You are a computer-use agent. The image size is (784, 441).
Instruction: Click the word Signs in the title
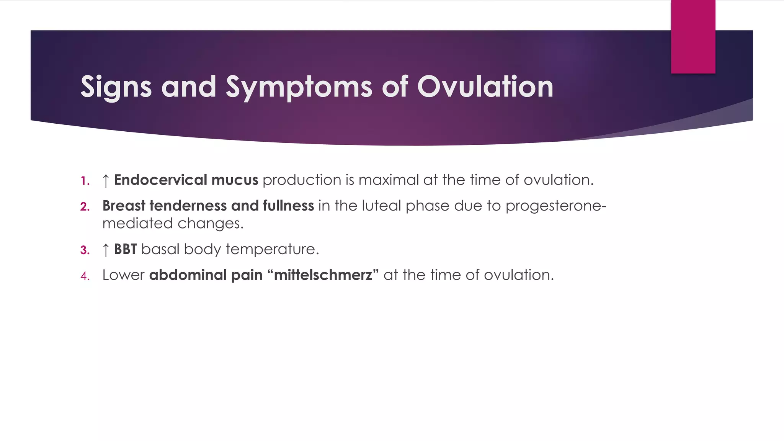click(116, 87)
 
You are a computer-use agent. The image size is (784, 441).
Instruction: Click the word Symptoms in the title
click(299, 87)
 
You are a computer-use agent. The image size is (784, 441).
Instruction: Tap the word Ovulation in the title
click(485, 87)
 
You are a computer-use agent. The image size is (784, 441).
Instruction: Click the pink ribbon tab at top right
click(693, 36)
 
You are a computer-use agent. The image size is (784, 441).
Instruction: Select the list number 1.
click(85, 181)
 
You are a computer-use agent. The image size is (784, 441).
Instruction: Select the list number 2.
click(85, 207)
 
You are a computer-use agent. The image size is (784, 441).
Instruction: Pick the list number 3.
click(85, 250)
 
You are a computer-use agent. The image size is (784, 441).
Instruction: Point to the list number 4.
click(85, 276)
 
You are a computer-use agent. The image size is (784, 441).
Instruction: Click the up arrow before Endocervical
click(106, 180)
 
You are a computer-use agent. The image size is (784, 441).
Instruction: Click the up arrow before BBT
click(106, 250)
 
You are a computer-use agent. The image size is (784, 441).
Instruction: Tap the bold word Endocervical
click(160, 180)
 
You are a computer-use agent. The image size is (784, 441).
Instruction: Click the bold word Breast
click(124, 206)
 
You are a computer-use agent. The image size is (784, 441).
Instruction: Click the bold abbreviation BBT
click(125, 249)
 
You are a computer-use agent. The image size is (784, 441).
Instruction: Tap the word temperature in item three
click(272, 250)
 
